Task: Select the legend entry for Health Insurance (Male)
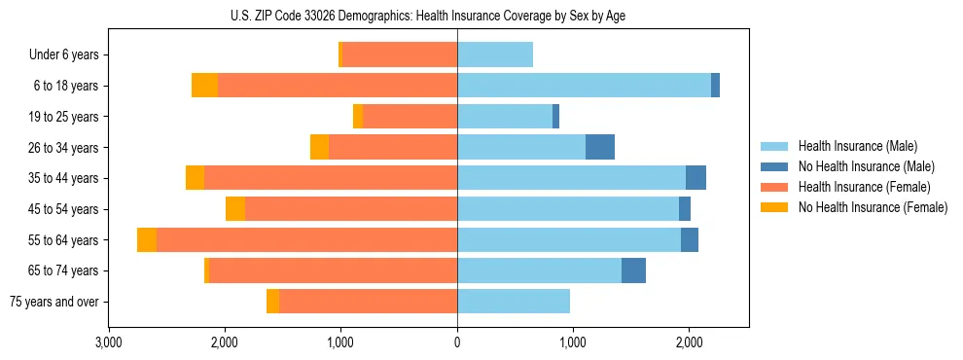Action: pyautogui.click(x=856, y=146)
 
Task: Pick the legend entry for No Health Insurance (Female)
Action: pyautogui.click(x=873, y=207)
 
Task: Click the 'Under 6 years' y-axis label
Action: pyautogui.click(x=64, y=55)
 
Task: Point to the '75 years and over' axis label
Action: pyautogui.click(x=54, y=302)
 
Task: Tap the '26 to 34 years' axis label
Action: pyautogui.click(x=63, y=148)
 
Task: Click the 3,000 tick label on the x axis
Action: pyautogui.click(x=109, y=342)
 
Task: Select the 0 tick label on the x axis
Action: pyautogui.click(x=457, y=342)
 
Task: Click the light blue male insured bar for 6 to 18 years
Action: pyautogui.click(x=584, y=86)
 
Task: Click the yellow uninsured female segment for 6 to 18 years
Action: pyautogui.click(x=204, y=86)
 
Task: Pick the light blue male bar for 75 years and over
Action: pyautogui.click(x=514, y=302)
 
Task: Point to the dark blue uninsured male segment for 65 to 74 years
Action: pyautogui.click(x=633, y=270)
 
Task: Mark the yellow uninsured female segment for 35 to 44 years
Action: pyautogui.click(x=195, y=178)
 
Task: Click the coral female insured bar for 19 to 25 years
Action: pyautogui.click(x=410, y=117)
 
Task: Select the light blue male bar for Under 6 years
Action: pyautogui.click(x=495, y=55)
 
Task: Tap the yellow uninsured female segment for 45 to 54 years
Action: pyautogui.click(x=234, y=209)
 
